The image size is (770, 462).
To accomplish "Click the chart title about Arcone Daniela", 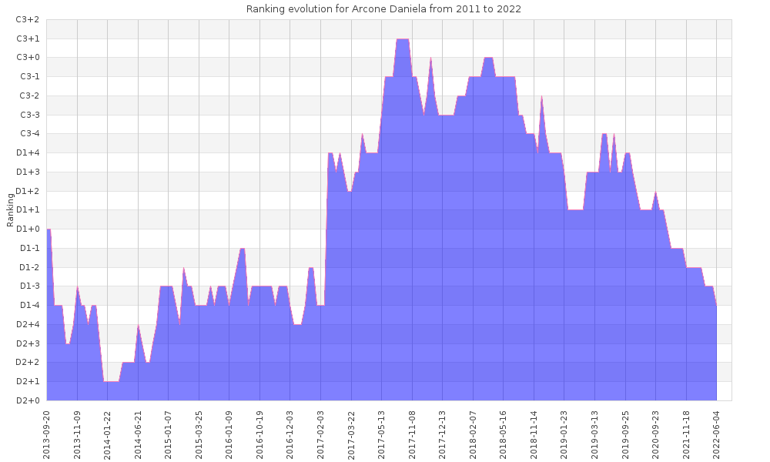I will pos(383,9).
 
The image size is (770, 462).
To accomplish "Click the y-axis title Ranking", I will pos(11,210).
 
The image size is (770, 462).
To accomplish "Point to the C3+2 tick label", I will pos(28,19).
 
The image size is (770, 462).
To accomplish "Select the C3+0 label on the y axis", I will pos(28,58).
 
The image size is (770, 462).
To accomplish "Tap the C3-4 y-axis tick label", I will pos(28,134).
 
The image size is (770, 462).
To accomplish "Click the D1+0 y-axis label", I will pos(28,229).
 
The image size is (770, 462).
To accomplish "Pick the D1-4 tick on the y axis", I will pos(28,305).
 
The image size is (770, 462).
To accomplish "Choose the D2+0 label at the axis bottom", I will pos(28,400).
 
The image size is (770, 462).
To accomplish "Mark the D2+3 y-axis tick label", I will pos(28,343).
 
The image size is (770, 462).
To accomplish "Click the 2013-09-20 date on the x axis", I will pos(47,433).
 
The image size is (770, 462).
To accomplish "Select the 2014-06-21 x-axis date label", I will pos(139,433).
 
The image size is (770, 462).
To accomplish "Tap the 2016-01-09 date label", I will pos(229,433).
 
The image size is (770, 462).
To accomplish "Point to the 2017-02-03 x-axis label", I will pos(321,433).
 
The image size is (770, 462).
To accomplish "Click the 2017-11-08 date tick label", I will pos(412,433).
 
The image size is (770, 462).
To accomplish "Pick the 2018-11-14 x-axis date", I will pos(534,433).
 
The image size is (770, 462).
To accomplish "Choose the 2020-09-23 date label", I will pos(656,433).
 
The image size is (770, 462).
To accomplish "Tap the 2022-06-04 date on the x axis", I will pos(717,433).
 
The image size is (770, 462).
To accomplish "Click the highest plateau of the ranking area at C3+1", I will pos(402,39).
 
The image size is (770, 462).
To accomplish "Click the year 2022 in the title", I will pos(509,9).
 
